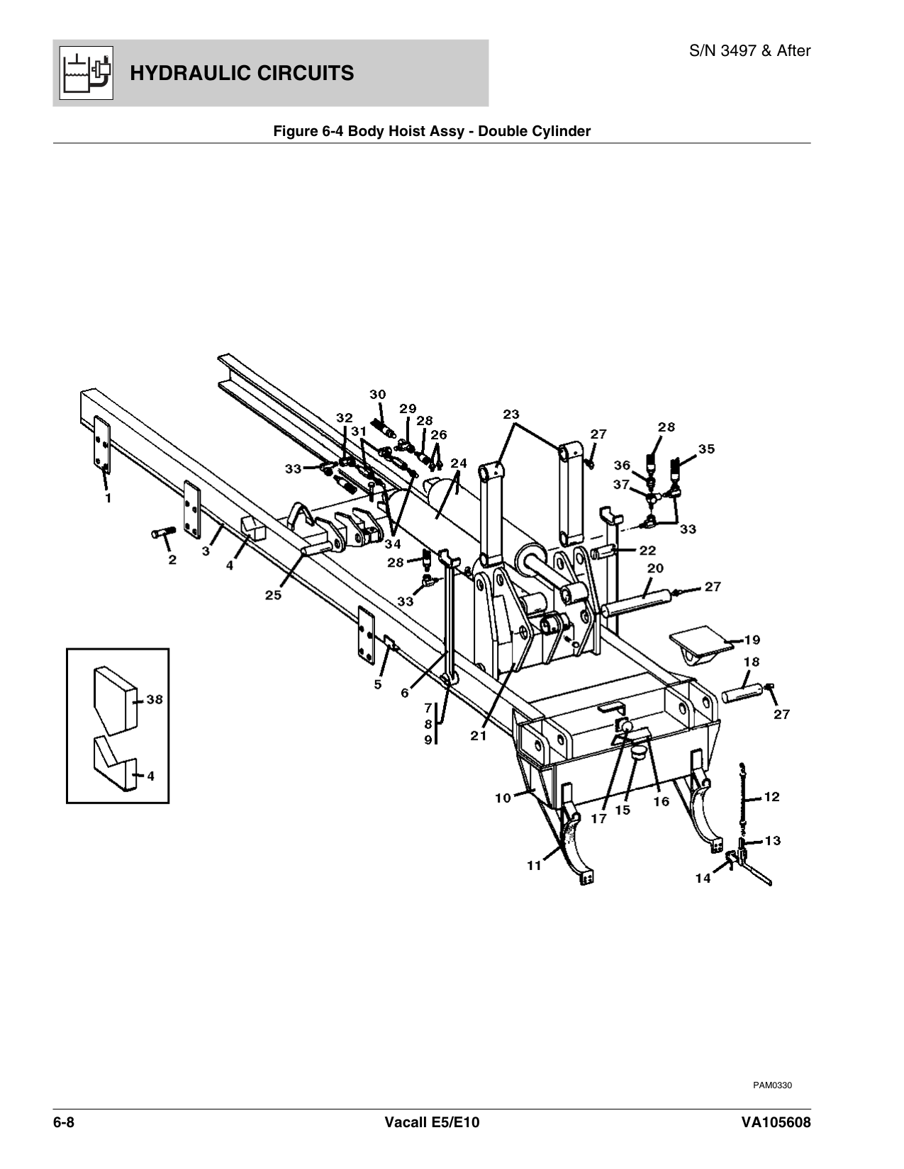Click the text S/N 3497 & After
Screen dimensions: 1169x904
point(750,51)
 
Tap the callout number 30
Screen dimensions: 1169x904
point(378,394)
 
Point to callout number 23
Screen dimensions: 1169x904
point(511,414)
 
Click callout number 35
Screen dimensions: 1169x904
point(706,448)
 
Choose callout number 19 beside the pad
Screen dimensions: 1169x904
point(752,640)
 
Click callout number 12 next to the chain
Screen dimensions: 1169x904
point(771,797)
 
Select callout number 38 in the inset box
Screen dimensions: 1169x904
point(155,699)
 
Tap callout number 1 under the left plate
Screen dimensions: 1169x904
point(108,498)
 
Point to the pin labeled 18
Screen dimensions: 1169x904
point(743,691)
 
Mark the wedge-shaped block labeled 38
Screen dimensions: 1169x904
point(113,699)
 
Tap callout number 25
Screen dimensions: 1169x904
point(273,595)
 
